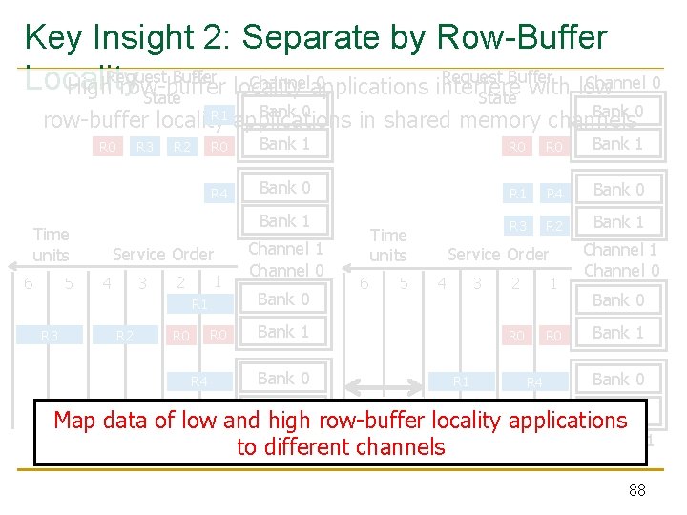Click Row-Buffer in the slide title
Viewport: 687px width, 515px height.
click(x=522, y=37)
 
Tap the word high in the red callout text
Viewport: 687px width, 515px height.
click(x=283, y=421)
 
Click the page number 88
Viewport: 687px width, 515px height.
click(x=638, y=491)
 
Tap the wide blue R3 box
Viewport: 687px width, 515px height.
click(x=49, y=336)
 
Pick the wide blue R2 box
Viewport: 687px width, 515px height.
click(x=124, y=336)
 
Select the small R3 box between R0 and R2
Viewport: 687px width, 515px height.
click(x=144, y=147)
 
